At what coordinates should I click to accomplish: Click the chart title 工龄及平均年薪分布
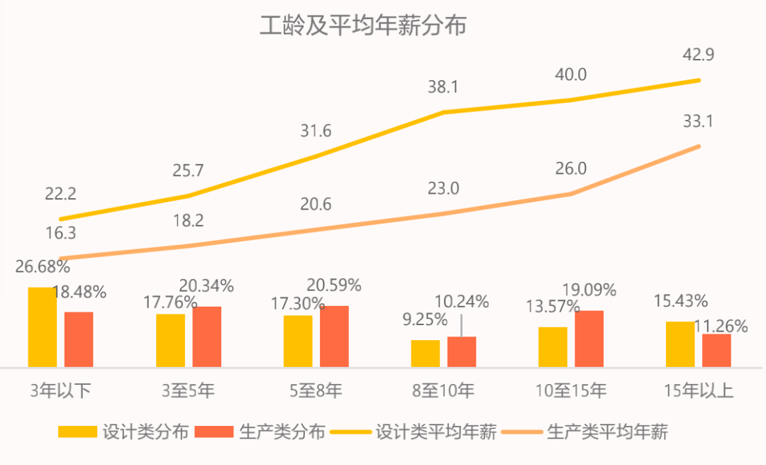pos(363,26)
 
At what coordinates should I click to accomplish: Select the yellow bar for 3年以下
pos(43,327)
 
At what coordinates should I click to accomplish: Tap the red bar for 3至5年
pos(206,337)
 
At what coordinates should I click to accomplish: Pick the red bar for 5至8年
pos(334,337)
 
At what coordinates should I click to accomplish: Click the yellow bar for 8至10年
pos(425,354)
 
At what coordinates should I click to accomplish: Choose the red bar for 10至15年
pos(589,339)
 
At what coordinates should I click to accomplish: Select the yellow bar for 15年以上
pos(680,344)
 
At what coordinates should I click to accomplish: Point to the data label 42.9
pos(699,55)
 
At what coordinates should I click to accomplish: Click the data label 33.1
pos(698,121)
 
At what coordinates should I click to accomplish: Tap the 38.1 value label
pos(443,87)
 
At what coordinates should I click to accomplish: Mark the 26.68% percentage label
pos(43,267)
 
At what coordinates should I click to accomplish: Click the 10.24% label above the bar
pos(462,302)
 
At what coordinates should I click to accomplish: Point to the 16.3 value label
pos(60,234)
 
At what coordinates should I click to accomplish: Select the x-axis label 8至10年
pos(443,390)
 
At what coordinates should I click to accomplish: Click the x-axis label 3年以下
pos(60,390)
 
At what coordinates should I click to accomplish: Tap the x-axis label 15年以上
pos(699,390)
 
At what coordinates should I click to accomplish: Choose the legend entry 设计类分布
pos(123,432)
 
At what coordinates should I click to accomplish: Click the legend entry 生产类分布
pos(260,432)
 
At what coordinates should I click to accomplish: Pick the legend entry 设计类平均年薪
pos(413,432)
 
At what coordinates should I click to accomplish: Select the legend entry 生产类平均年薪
pos(585,432)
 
